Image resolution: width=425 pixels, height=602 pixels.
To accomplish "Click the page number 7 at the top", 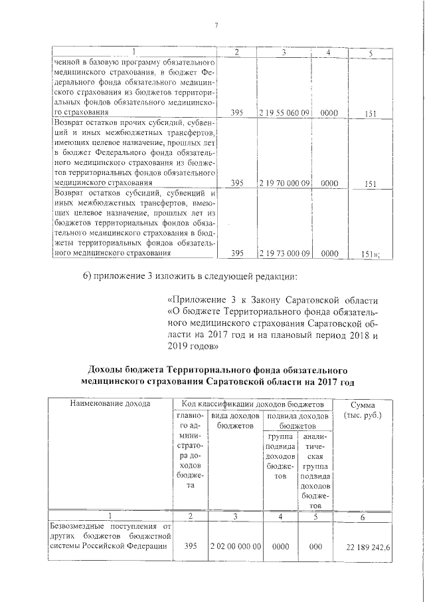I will click(x=216, y=26).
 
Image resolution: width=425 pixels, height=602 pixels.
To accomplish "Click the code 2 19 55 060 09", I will click(x=284, y=114).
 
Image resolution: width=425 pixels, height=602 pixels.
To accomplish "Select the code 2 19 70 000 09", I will click(x=284, y=182).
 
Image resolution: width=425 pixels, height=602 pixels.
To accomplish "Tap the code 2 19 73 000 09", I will click(x=284, y=253).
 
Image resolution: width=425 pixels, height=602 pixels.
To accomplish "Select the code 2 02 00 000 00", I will click(x=234, y=546).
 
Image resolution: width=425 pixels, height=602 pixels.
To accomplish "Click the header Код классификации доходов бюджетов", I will click(x=248, y=404).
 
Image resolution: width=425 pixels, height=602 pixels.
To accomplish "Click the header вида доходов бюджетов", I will click(x=234, y=420).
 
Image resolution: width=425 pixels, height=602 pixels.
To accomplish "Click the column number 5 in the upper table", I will click(x=370, y=53).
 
